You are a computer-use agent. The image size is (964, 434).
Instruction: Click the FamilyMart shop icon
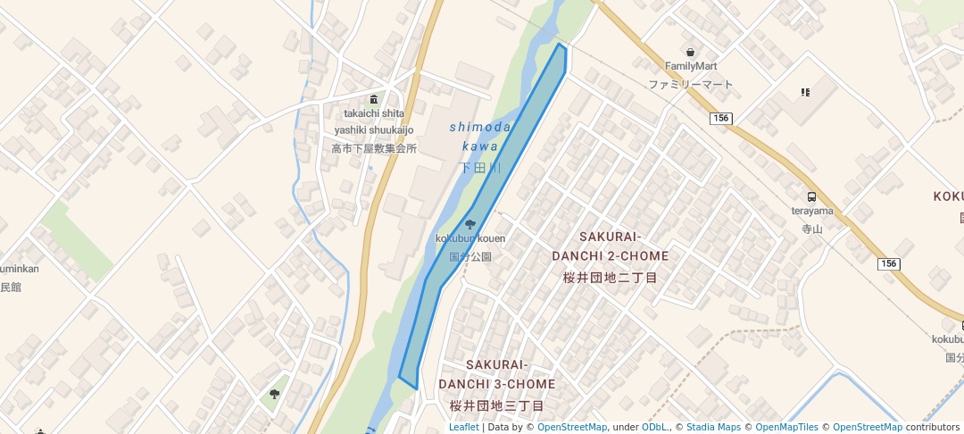pyautogui.click(x=691, y=52)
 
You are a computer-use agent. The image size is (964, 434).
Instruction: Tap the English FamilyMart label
pyautogui.click(x=691, y=66)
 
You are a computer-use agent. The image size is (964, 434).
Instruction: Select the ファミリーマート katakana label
pyautogui.click(x=691, y=85)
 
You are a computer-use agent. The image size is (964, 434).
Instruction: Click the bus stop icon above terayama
pyautogui.click(x=811, y=196)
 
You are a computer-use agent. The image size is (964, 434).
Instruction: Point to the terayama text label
pyautogui.click(x=811, y=211)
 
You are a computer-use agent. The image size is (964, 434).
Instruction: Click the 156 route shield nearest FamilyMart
pyautogui.click(x=722, y=118)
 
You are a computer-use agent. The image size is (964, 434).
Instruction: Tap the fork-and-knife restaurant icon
pyautogui.click(x=805, y=91)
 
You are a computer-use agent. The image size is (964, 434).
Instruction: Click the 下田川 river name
pyautogui.click(x=480, y=168)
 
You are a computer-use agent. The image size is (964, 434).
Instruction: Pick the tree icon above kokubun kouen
pyautogui.click(x=470, y=224)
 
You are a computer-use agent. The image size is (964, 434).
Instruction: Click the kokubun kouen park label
pyautogui.click(x=470, y=238)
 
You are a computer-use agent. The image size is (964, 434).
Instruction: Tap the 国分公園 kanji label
pyautogui.click(x=470, y=256)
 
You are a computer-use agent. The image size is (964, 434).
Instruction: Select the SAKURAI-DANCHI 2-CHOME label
pyautogui.click(x=611, y=246)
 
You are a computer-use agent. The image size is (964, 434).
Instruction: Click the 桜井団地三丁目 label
pyautogui.click(x=497, y=405)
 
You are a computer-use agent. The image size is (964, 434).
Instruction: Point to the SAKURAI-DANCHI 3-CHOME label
pyautogui.click(x=497, y=375)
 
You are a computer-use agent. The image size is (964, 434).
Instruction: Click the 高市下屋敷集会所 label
pyautogui.click(x=374, y=148)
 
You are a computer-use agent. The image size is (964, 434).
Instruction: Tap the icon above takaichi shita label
pyautogui.click(x=374, y=99)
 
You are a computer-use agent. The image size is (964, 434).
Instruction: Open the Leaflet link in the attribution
pyautogui.click(x=463, y=427)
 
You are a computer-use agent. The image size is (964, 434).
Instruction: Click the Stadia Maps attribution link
pyautogui.click(x=713, y=427)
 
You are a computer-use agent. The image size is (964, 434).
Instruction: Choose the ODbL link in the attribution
pyautogui.click(x=654, y=427)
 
